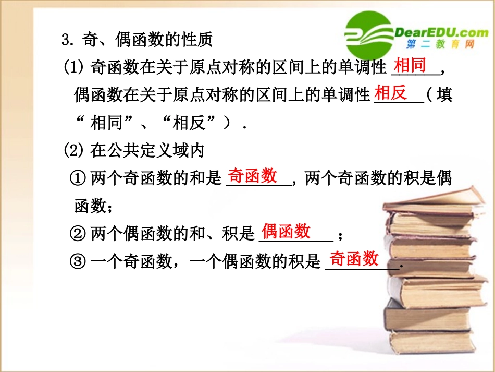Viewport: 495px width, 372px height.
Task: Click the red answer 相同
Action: pyautogui.click(x=410, y=66)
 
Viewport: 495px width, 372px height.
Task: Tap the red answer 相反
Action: pyautogui.click(x=391, y=93)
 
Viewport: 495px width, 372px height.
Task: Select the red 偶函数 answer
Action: pyautogui.click(x=286, y=231)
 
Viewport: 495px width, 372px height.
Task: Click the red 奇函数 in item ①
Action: pyautogui.click(x=253, y=176)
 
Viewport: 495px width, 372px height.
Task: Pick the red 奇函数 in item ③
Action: pyautogui.click(x=354, y=258)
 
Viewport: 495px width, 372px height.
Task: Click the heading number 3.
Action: pyautogui.click(x=66, y=40)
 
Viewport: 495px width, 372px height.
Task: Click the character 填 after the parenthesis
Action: pyautogui.click(x=444, y=95)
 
